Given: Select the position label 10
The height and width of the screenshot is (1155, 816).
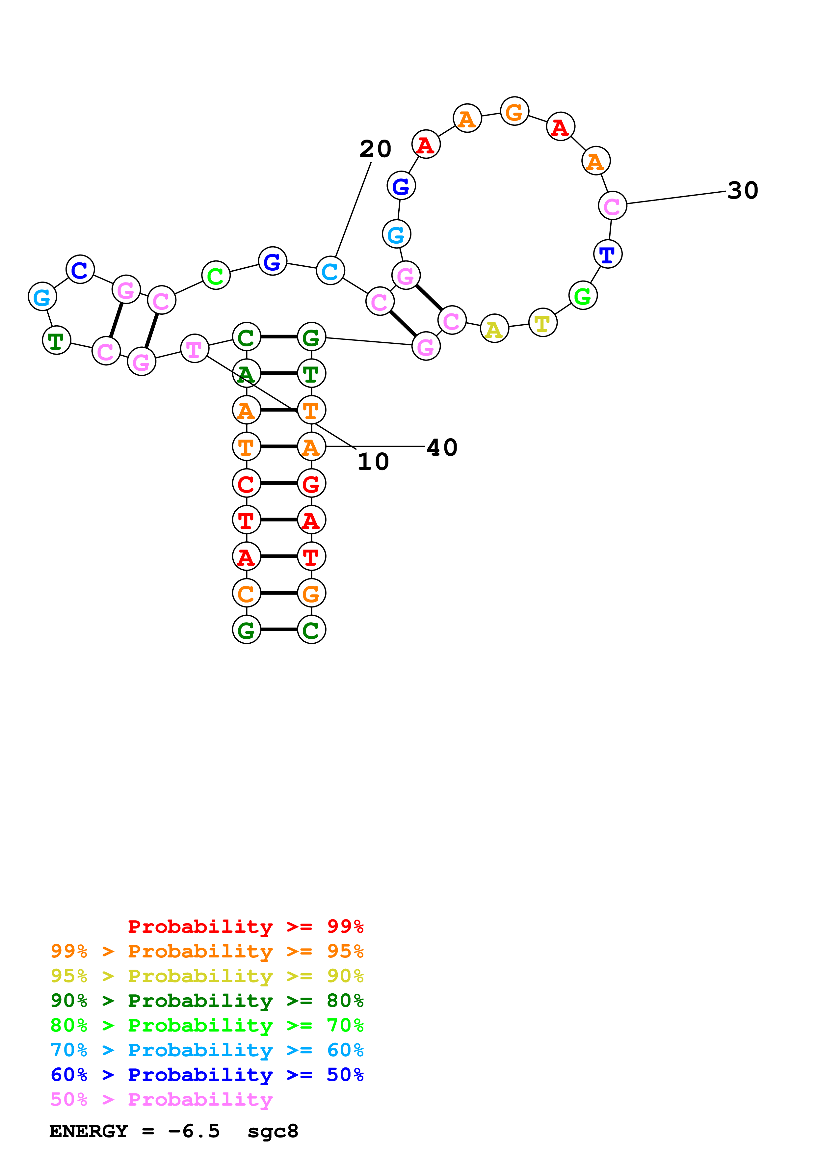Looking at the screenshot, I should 373,462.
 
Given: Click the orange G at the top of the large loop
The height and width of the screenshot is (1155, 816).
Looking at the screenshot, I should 514,111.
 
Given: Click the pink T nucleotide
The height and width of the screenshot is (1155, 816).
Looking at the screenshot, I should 194,348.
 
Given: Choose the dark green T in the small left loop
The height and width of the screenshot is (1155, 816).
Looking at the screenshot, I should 56,340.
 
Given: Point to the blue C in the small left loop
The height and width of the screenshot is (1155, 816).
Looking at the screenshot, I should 80,270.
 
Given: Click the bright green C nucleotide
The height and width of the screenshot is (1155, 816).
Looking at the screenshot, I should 216,275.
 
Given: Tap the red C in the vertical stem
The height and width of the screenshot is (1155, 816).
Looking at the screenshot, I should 246,483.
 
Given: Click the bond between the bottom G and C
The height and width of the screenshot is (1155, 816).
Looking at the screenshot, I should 279,629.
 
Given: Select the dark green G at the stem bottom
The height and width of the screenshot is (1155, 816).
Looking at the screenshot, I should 246,630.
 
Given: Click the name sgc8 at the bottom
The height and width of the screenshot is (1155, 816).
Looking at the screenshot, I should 273,1131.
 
